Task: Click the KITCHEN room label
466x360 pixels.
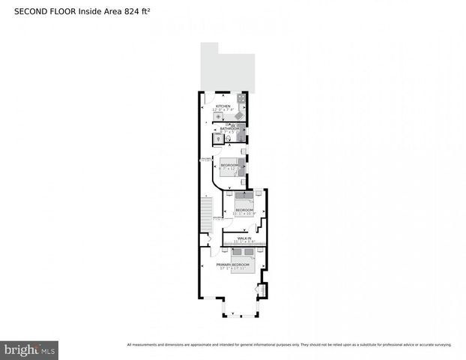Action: pyautogui.click(x=223, y=106)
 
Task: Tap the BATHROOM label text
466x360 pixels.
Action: pyautogui.click(x=229, y=128)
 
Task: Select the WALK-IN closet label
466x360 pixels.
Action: pyautogui.click(x=243, y=238)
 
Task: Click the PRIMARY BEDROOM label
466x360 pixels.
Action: pyautogui.click(x=232, y=265)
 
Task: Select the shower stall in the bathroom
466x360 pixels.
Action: pyautogui.click(x=240, y=138)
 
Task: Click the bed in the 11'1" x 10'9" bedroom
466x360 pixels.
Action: pyautogui.click(x=244, y=201)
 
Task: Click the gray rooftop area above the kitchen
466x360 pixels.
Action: pyautogui.click(x=226, y=67)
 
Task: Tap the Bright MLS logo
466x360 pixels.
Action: pyautogui.click(x=30, y=349)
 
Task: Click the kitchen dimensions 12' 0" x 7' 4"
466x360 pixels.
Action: pyautogui.click(x=223, y=111)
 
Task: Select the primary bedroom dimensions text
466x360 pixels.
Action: pyautogui.click(x=232, y=269)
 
